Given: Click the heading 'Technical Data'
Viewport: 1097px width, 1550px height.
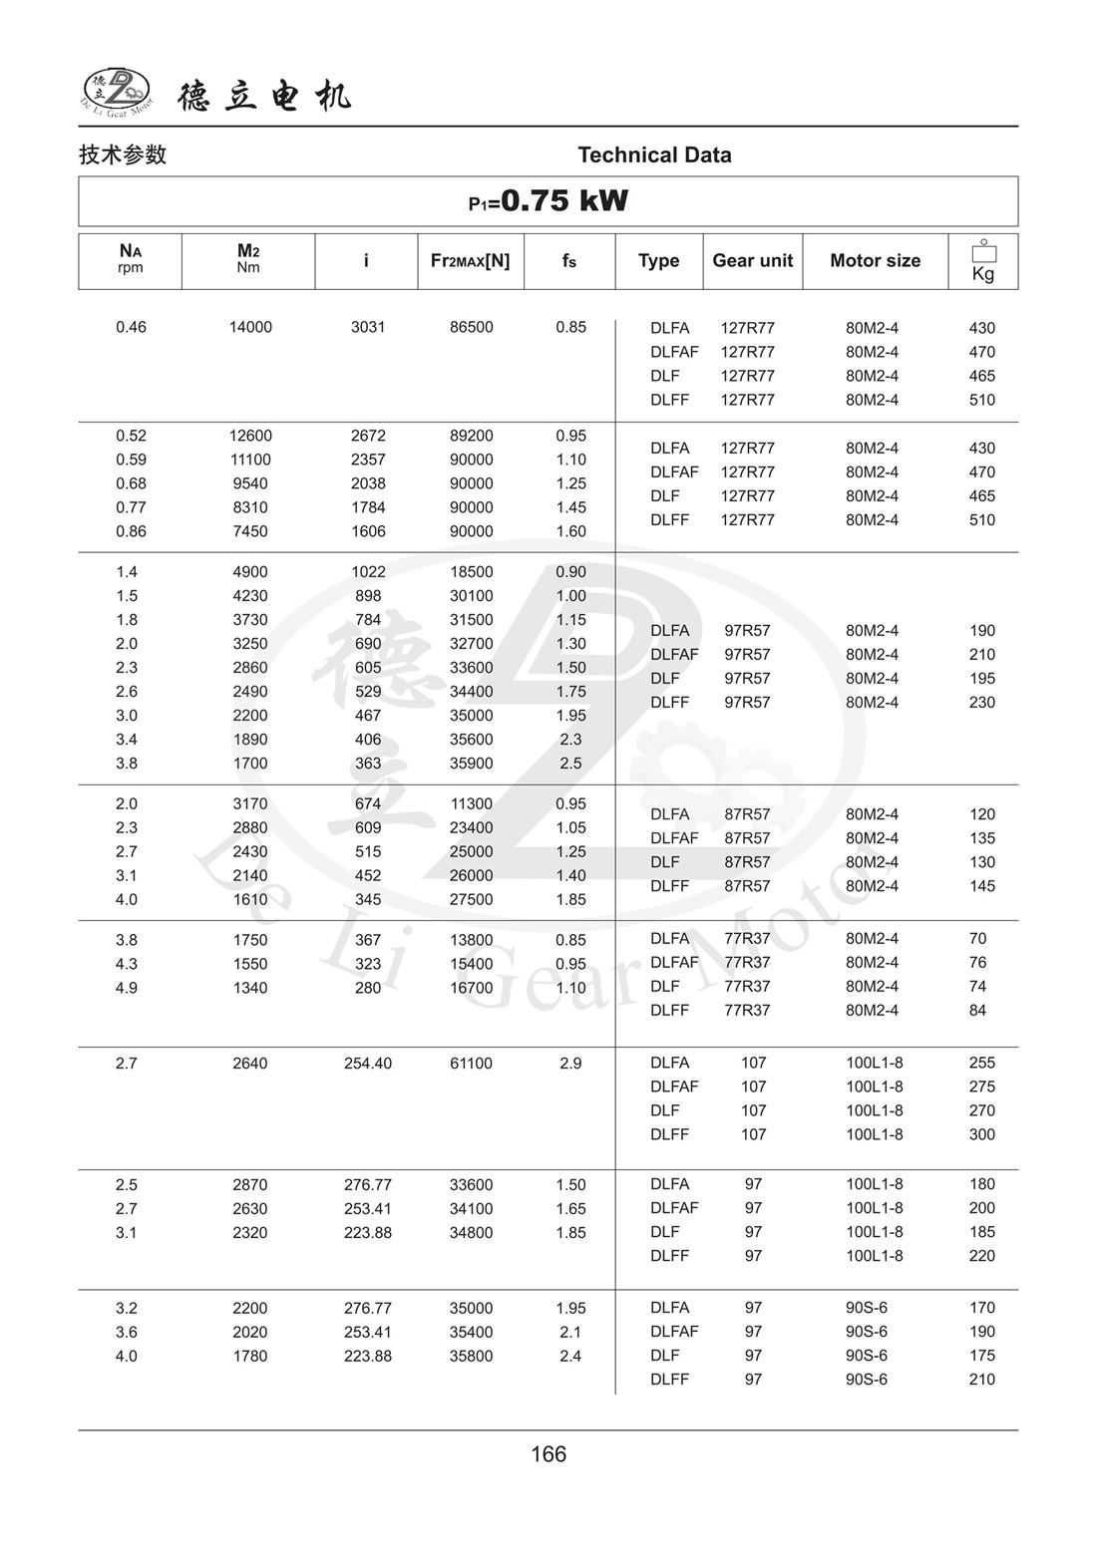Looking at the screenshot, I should coord(654,155).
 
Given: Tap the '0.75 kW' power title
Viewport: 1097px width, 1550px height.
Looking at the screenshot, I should coord(548,201).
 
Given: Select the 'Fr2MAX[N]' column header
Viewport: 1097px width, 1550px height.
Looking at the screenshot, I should coord(470,261).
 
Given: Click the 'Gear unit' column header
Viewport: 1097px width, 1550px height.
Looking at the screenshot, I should coord(752,261).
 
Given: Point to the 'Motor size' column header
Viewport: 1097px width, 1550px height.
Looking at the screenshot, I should coord(875,261).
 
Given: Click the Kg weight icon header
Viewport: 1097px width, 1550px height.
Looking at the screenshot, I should coord(983,261).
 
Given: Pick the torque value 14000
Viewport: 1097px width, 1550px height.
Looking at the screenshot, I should coord(250,327).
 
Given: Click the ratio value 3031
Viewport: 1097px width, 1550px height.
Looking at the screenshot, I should coord(368,327).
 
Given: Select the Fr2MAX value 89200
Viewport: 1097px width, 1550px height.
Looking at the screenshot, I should coord(471,436).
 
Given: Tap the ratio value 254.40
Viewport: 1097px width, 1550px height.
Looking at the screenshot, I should coord(368,1064).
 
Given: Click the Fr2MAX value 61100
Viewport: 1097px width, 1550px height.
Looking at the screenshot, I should coord(471,1064).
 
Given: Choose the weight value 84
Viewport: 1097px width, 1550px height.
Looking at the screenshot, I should coord(977,1011).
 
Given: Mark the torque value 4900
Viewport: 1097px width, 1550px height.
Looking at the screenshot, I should coord(250,572).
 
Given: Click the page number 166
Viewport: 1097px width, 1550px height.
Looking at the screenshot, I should coord(548,1454).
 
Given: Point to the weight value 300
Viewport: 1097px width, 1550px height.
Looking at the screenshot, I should coord(982,1134).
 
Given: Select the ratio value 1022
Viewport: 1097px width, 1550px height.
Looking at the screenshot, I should coord(368,572).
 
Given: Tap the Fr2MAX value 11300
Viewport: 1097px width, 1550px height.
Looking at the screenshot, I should coord(471,804).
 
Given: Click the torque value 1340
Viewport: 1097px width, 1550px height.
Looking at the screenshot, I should coord(250,988).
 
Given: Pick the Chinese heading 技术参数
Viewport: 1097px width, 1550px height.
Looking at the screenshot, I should coord(123,155).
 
